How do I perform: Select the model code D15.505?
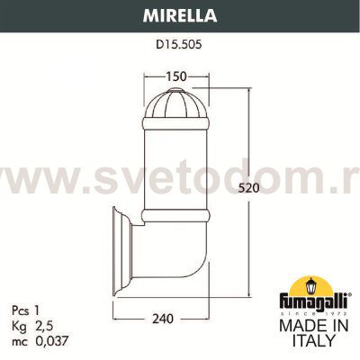[x=179, y=41]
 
